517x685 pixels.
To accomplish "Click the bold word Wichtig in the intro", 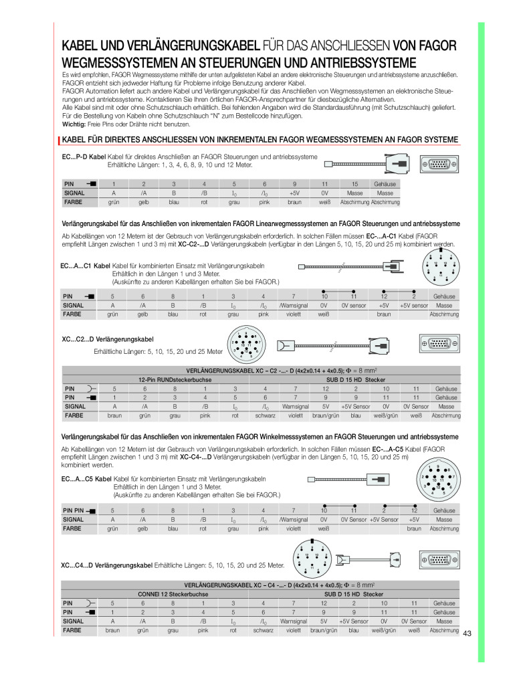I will coord(74,124).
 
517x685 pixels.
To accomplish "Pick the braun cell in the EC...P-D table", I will coord(294,202).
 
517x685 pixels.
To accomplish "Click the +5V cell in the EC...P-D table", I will coord(294,193).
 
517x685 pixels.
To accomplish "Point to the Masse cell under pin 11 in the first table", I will coord(354,193).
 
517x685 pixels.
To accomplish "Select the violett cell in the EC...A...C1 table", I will coord(294,314).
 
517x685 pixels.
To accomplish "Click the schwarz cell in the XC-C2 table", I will coord(266,415).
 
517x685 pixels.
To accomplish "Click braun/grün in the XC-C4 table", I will coord(324,630).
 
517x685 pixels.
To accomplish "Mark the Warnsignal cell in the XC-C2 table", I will coord(295,406).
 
